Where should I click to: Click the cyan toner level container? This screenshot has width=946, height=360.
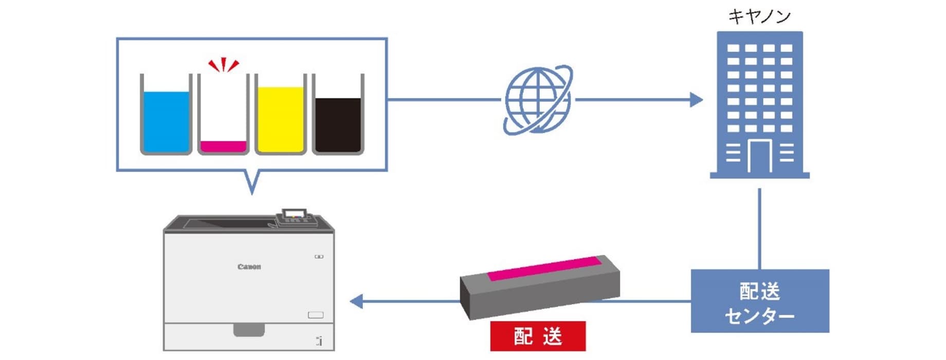[x=166, y=116]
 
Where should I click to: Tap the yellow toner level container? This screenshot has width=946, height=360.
[x=281, y=116]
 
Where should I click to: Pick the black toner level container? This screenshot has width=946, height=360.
[x=338, y=116]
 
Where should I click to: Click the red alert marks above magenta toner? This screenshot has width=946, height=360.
[x=224, y=65]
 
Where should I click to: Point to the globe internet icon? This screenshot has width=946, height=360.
[x=537, y=100]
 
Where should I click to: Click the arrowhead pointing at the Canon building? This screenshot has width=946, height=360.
[x=696, y=100]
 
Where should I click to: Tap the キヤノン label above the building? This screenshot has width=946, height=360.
[x=759, y=16]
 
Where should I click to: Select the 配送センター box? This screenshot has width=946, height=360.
[x=759, y=301]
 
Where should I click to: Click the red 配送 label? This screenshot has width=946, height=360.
[x=538, y=336]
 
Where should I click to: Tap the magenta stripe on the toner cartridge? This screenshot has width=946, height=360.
[x=544, y=268]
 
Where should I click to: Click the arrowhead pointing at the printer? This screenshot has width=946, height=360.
[x=356, y=301]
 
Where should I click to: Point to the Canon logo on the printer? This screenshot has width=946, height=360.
[x=249, y=266]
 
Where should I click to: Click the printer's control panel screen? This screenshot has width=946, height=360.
[x=295, y=213]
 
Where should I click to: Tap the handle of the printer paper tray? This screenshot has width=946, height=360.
[x=249, y=330]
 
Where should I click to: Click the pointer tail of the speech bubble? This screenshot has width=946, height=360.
[x=251, y=183]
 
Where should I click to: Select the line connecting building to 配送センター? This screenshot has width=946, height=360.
[x=759, y=229]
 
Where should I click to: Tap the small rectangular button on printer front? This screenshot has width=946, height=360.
[x=315, y=315]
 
